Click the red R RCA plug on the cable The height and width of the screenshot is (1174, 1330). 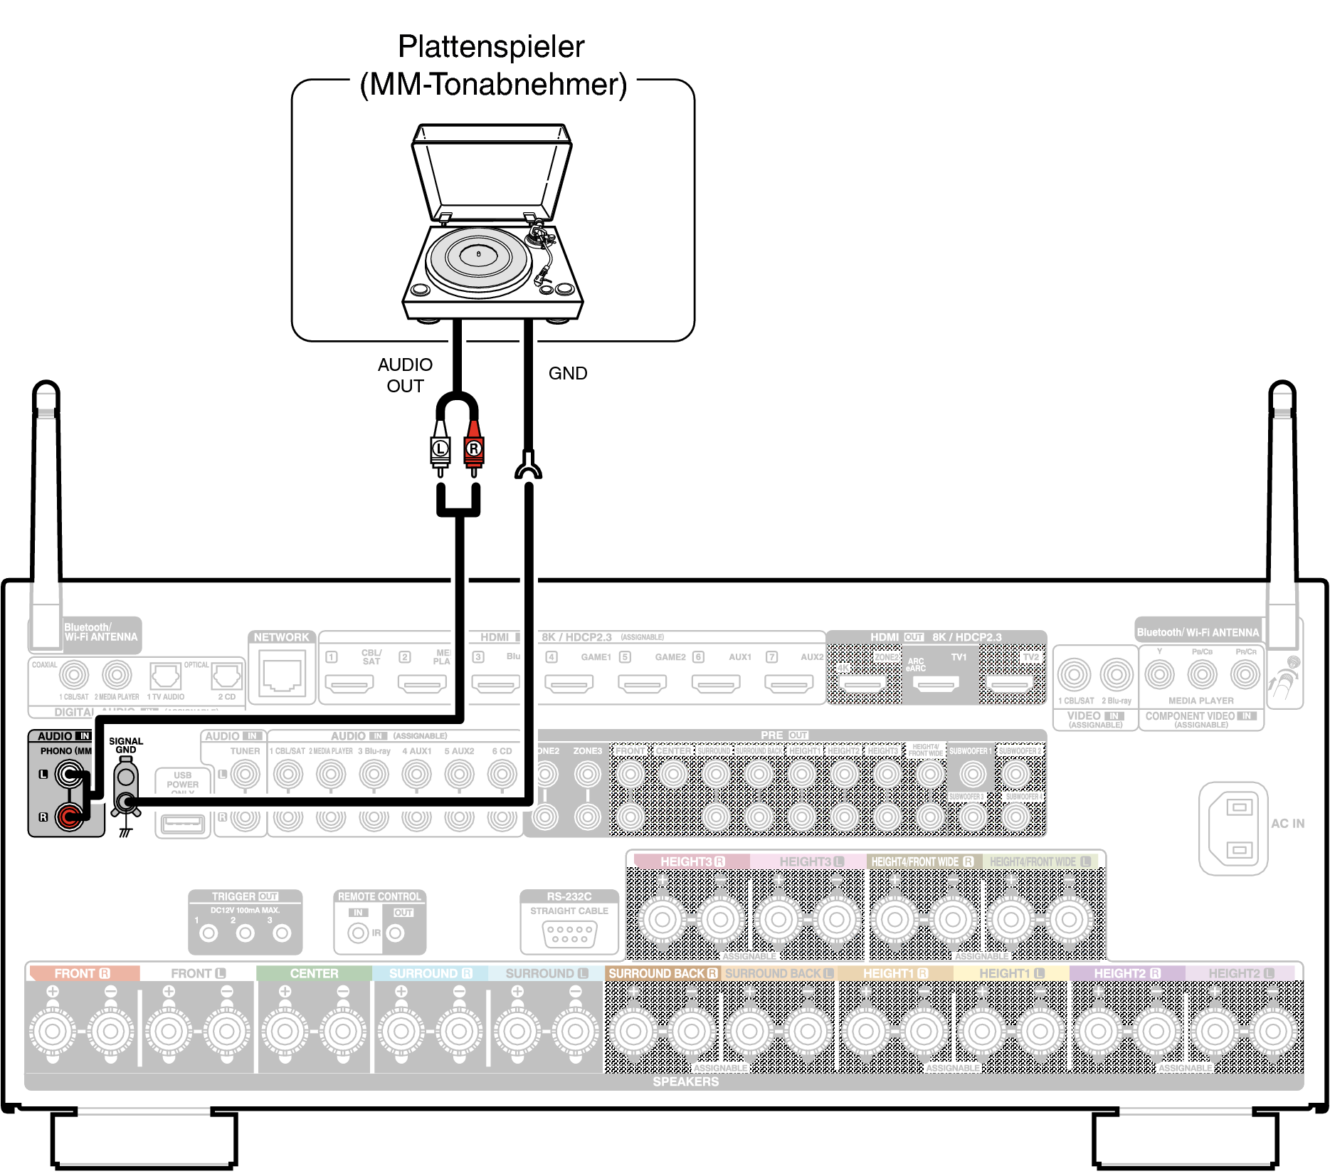(x=473, y=449)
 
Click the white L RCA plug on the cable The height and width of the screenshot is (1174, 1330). (x=440, y=449)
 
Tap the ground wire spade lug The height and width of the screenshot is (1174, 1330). (x=527, y=466)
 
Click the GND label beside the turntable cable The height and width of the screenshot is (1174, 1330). (x=567, y=373)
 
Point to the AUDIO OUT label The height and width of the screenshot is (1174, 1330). (x=405, y=375)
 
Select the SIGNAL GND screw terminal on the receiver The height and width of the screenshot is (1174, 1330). (x=126, y=803)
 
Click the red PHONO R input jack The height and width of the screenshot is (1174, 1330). (x=69, y=816)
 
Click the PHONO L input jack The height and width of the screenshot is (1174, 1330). (x=69, y=774)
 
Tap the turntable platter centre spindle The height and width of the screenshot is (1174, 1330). (x=478, y=254)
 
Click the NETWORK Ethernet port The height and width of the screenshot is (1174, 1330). (x=282, y=675)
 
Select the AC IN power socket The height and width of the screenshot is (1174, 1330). (x=1238, y=828)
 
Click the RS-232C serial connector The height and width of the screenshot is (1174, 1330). (x=569, y=933)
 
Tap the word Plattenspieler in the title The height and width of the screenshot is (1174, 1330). (x=491, y=47)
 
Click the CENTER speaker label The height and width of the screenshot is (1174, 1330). (x=314, y=973)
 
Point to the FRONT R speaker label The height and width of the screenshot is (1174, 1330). (x=82, y=973)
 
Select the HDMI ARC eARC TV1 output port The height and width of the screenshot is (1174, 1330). (x=936, y=684)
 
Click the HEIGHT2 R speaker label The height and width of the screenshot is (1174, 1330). (x=1126, y=973)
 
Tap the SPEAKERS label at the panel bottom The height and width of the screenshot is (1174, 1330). (x=685, y=1081)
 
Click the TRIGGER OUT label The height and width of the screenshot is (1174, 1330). (x=245, y=896)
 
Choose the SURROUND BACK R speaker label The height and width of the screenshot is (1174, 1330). (x=663, y=973)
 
